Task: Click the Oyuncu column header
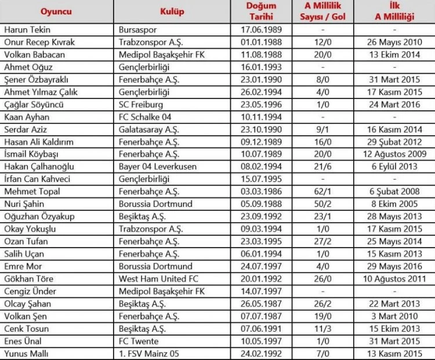[56, 12]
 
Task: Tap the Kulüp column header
[172, 12]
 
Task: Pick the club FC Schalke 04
[145, 117]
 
